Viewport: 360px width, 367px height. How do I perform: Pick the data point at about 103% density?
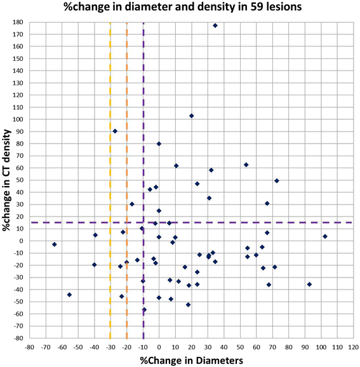click(x=191, y=116)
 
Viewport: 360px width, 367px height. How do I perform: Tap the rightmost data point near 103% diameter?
click(x=325, y=236)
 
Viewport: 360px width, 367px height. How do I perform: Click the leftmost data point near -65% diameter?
click(x=55, y=244)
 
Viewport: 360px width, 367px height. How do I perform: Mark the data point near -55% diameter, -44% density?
click(x=69, y=295)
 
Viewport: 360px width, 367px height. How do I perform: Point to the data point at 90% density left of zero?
click(x=115, y=131)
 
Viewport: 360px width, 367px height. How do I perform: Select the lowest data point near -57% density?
click(x=144, y=310)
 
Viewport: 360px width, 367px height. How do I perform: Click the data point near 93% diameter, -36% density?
click(x=309, y=284)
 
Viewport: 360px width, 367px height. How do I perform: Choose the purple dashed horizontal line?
click(x=254, y=222)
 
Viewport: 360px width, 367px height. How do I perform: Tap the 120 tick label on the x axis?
click(x=353, y=347)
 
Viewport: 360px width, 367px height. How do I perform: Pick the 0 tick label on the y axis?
click(x=22, y=241)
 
